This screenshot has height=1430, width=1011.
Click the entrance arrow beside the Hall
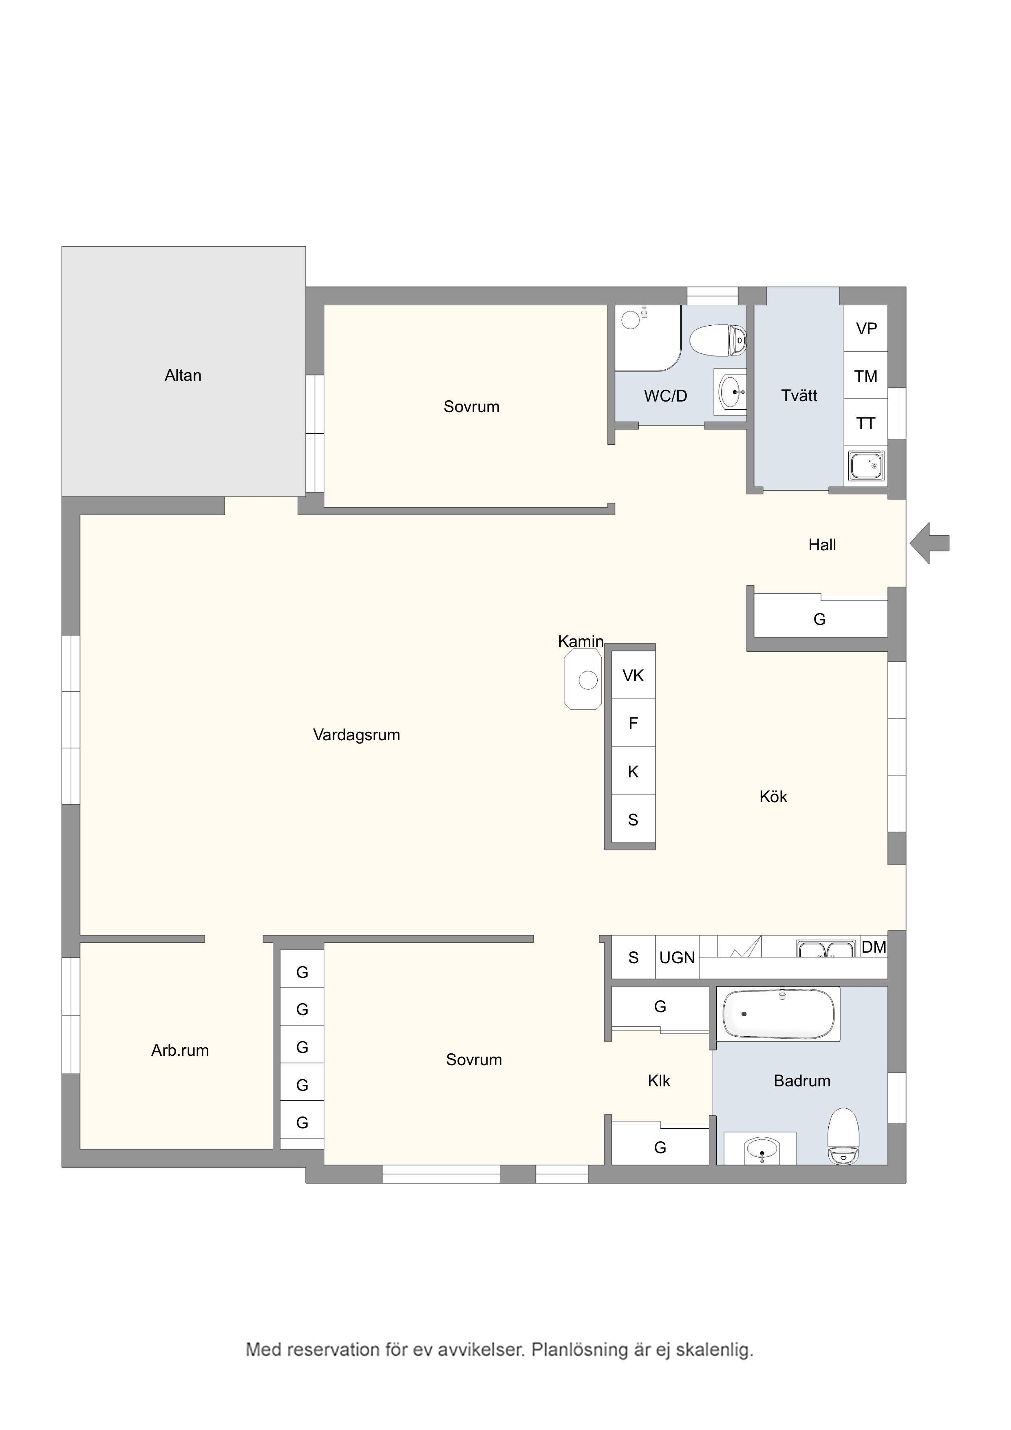tap(929, 544)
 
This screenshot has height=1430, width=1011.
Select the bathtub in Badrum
tap(778, 1014)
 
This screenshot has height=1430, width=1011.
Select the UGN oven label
tap(677, 957)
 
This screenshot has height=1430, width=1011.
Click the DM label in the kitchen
tap(874, 947)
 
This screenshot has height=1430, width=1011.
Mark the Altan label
tap(183, 375)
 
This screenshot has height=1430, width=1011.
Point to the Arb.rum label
tap(180, 1051)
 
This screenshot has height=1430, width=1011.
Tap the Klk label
tap(659, 1081)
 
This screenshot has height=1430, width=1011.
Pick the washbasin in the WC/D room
tap(731, 391)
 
